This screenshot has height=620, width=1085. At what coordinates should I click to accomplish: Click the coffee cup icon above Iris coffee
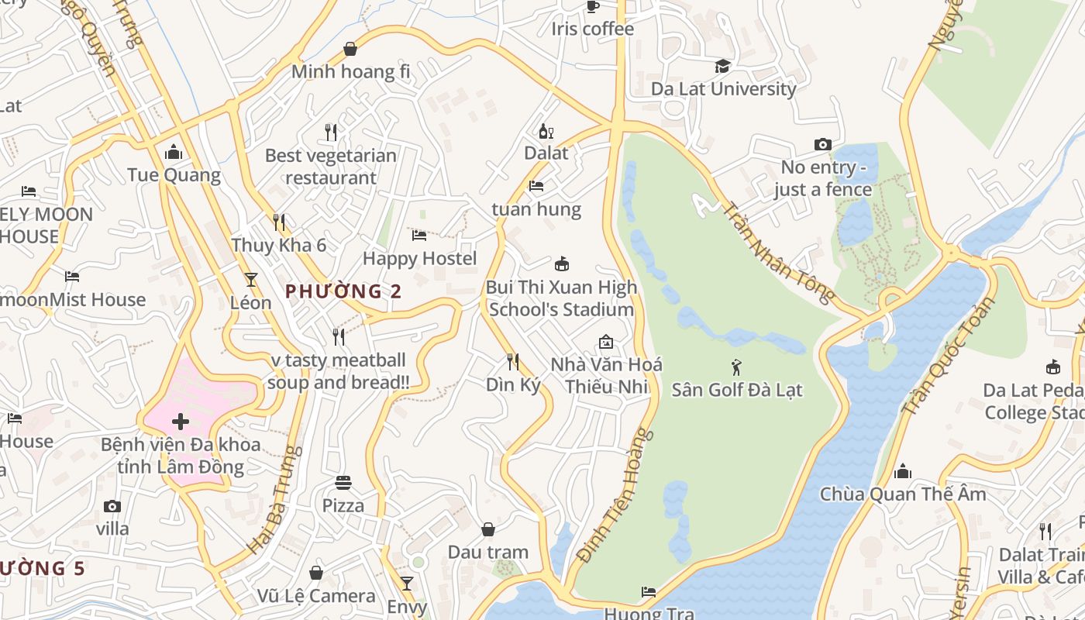(593, 6)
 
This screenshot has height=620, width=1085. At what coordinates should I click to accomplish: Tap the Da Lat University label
(723, 88)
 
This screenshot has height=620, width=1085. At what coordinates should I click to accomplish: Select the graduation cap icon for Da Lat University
(723, 66)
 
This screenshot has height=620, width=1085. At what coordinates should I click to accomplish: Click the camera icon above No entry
(823, 144)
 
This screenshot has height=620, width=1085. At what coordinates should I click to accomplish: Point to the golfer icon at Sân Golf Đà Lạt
(736, 367)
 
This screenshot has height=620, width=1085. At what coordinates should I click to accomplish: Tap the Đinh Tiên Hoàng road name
(616, 494)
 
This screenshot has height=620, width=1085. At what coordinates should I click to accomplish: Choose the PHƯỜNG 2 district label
(344, 291)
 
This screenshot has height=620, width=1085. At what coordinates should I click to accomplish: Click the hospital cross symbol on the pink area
(181, 422)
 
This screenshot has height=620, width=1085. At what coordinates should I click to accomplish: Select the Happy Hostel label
(420, 258)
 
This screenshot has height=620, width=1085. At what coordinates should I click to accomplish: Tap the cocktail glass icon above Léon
(251, 279)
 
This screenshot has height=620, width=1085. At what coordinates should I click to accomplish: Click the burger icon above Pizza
(343, 483)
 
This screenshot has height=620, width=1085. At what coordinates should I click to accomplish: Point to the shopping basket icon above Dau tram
(488, 529)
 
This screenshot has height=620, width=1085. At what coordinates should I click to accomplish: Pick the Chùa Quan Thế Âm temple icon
(903, 471)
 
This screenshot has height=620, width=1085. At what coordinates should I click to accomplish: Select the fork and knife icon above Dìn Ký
(512, 361)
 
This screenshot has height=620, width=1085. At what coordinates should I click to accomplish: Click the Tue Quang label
(174, 175)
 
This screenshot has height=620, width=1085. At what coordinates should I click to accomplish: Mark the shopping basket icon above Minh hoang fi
(350, 49)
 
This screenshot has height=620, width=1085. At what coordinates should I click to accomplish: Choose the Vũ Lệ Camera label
(316, 596)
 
